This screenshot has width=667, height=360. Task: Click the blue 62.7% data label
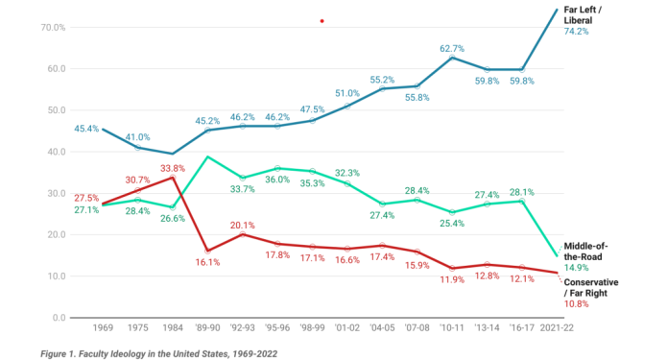[x=452, y=48]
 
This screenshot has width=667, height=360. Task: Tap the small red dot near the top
[x=322, y=21]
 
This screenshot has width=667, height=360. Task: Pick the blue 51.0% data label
[x=347, y=93]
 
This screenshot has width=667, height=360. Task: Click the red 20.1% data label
[x=243, y=226]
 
